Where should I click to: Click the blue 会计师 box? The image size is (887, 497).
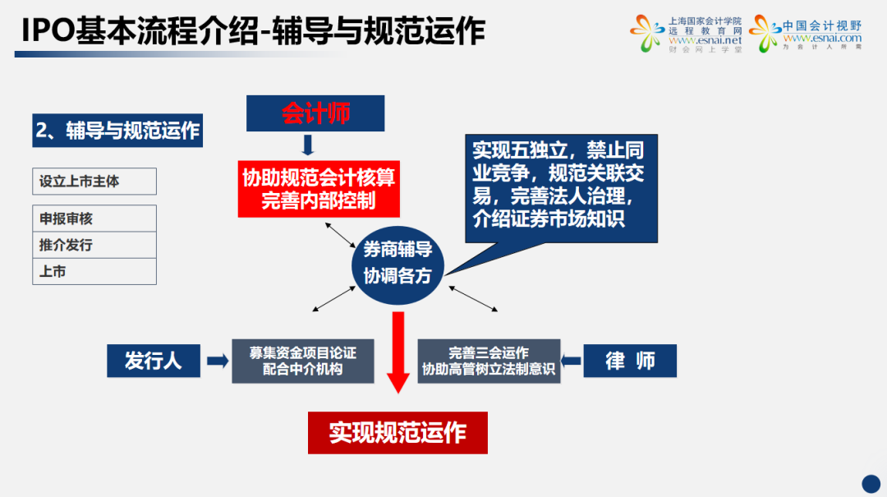pos(315,113)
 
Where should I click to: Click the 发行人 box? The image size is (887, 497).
pos(154,361)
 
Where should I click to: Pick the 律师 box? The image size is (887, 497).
pos(630,361)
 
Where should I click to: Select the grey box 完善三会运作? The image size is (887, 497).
pos(489,361)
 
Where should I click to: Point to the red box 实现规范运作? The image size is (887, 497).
pos(398,432)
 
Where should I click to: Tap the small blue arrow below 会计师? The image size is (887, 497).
pos(309,145)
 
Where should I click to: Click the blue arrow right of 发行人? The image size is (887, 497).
pos(217,361)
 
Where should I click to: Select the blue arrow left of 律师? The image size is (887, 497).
pos(572,361)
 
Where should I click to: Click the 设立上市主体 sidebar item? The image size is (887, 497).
pos(94,181)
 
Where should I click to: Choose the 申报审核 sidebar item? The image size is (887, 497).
pos(94,219)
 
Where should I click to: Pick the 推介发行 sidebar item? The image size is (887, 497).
pos(94,245)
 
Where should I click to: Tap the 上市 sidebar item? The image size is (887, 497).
pos(94,271)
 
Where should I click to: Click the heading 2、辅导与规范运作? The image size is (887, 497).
pos(117,131)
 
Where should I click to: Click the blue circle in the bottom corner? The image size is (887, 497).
pos(871,483)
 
